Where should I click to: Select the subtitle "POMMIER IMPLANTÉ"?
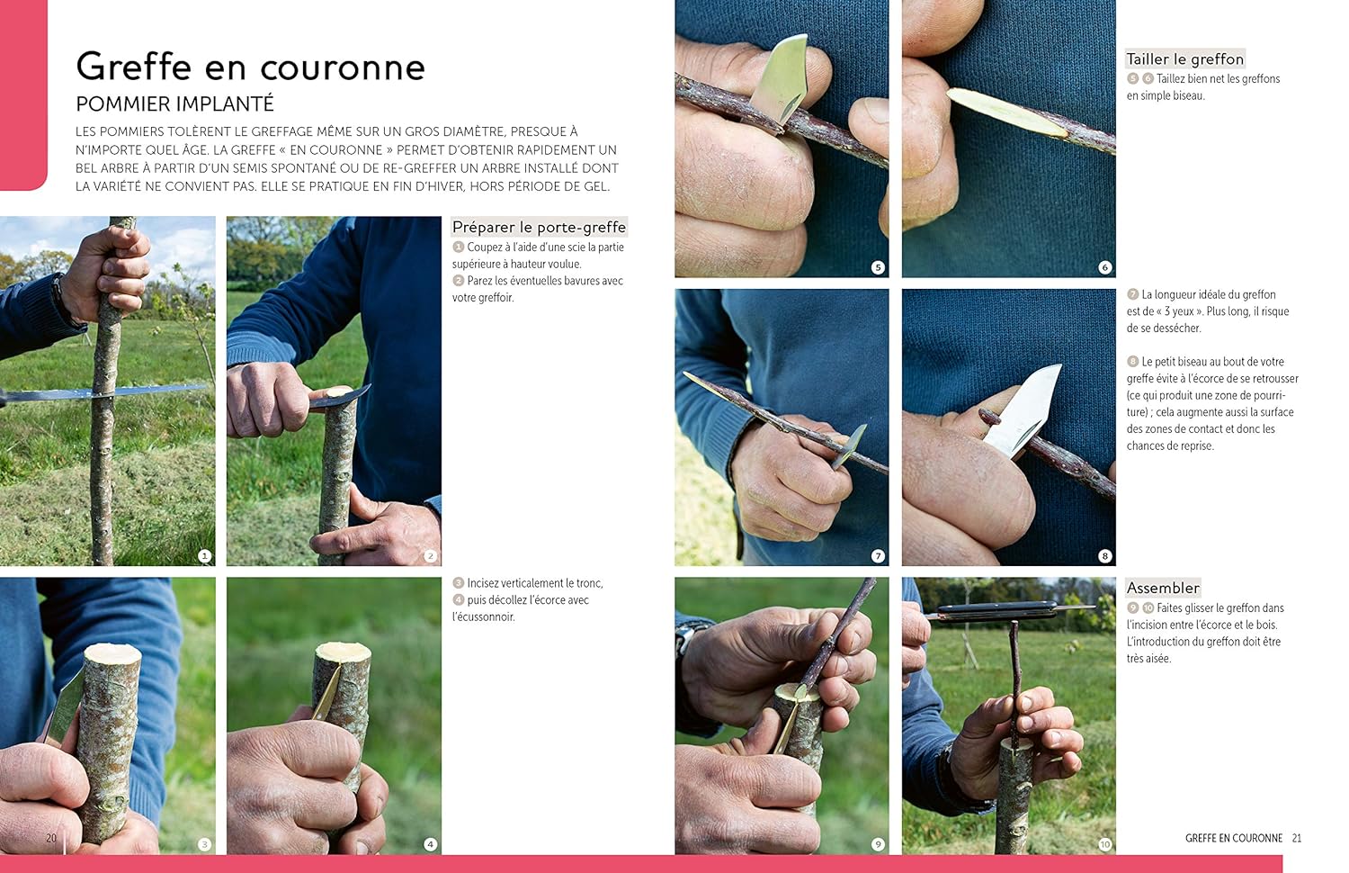pos(174,104)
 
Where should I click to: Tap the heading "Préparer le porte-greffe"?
pos(539,227)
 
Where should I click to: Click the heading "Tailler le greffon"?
pos(1184,59)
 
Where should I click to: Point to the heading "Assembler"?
pos(1163,588)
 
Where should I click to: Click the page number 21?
pos(1297,838)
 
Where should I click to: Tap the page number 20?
pos(51,838)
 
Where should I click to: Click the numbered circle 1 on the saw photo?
pos(205,555)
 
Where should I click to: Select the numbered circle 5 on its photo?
pos(878,267)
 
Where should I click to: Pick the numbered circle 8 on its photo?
pos(1104,555)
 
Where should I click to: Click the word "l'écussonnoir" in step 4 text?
pos(484,616)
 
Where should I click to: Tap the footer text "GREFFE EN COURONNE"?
pos(1233,838)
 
